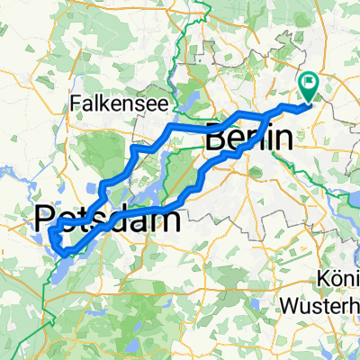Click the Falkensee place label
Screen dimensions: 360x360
[x=107, y=105]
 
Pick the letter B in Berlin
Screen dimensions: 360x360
[x=218, y=140]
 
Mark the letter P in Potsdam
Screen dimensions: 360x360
[x=45, y=218]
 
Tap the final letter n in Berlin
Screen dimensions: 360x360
[x=286, y=140]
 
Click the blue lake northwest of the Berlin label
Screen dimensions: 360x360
[x=192, y=118]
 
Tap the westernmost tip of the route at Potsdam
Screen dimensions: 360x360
[x=49, y=236]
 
